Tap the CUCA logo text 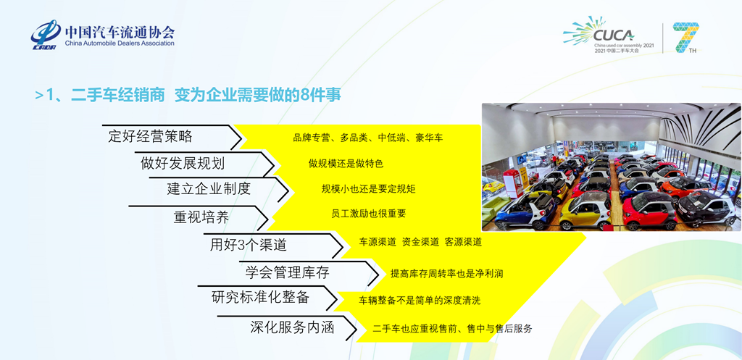click(613, 35)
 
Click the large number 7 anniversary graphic click(685, 37)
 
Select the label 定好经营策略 click(150, 137)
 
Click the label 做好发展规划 click(183, 163)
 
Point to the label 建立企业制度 click(209, 189)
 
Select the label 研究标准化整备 click(260, 297)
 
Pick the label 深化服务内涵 click(292, 327)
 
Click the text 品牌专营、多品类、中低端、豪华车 click(367, 138)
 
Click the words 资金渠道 click(420, 242)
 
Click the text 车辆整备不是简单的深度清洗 click(420, 300)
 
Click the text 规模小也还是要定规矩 click(368, 189)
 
